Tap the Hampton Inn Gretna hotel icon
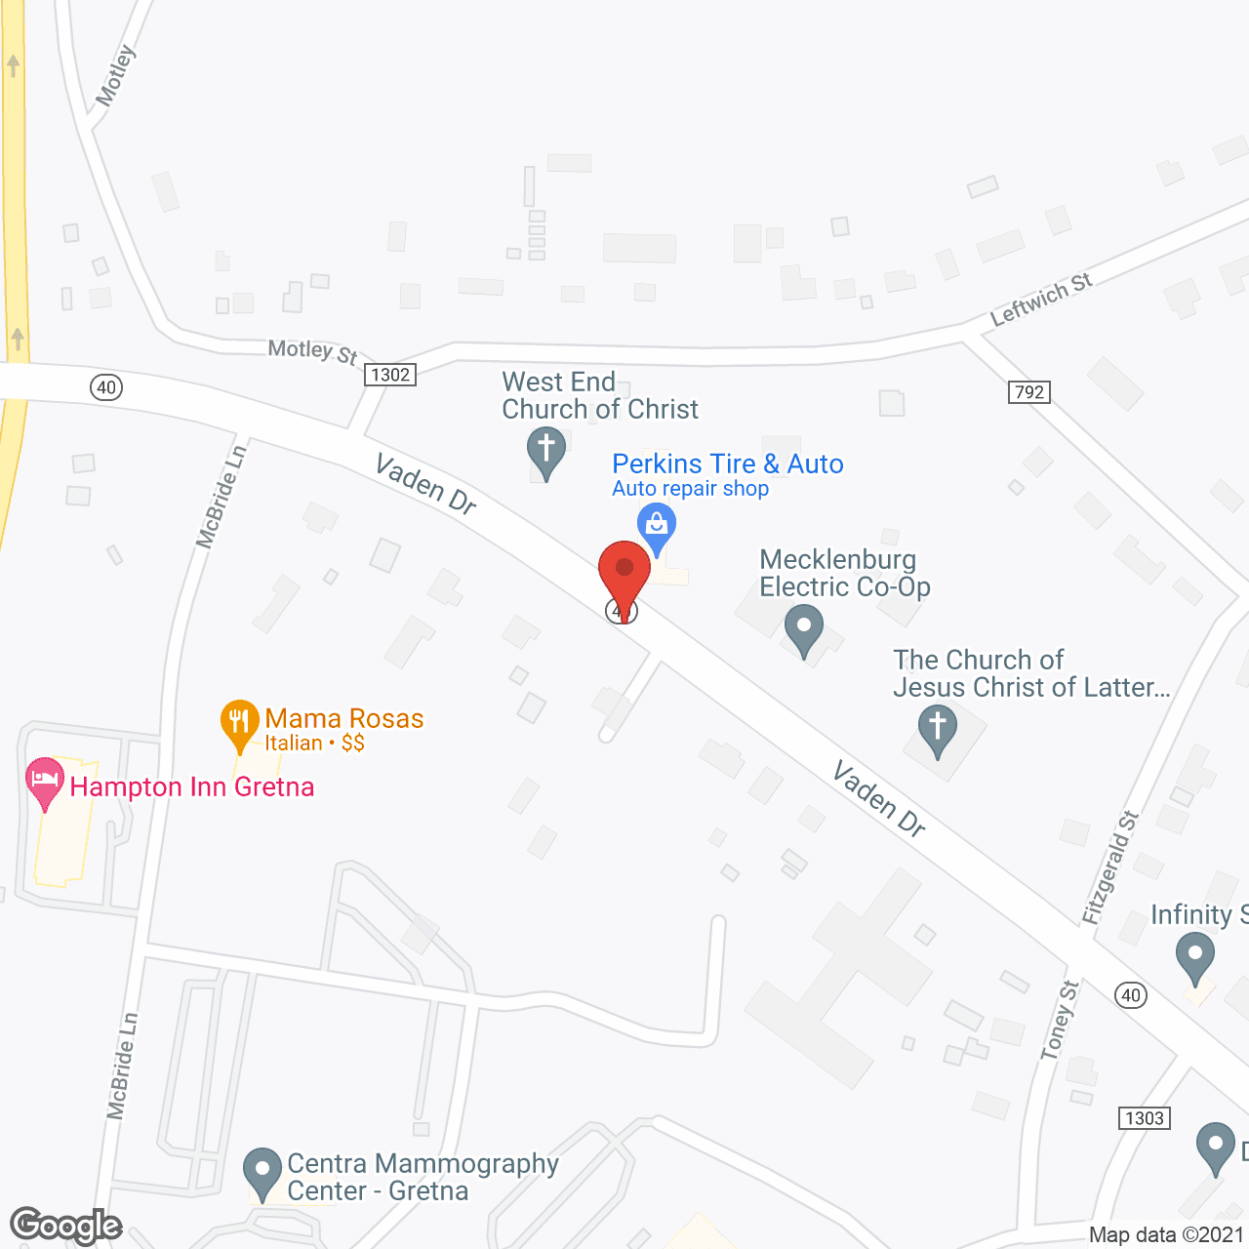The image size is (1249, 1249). pos(44,782)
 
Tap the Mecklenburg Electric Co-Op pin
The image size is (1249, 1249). pos(803,628)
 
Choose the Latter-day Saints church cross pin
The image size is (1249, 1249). pos(938,730)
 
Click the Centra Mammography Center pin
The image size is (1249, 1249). pos(262,1171)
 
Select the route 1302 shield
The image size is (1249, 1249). pos(390,375)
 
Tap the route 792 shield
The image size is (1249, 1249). pos(1029,392)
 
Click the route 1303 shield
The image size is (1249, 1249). pos(1144,1118)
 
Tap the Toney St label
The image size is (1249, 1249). pos(1060,1021)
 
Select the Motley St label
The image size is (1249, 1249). pos(312,351)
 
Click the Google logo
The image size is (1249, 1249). pos(66,1226)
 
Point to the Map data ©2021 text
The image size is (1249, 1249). pos(1167,1235)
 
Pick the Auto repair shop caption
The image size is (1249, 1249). pos(690,489)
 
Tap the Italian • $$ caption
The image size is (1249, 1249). pos(314,744)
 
